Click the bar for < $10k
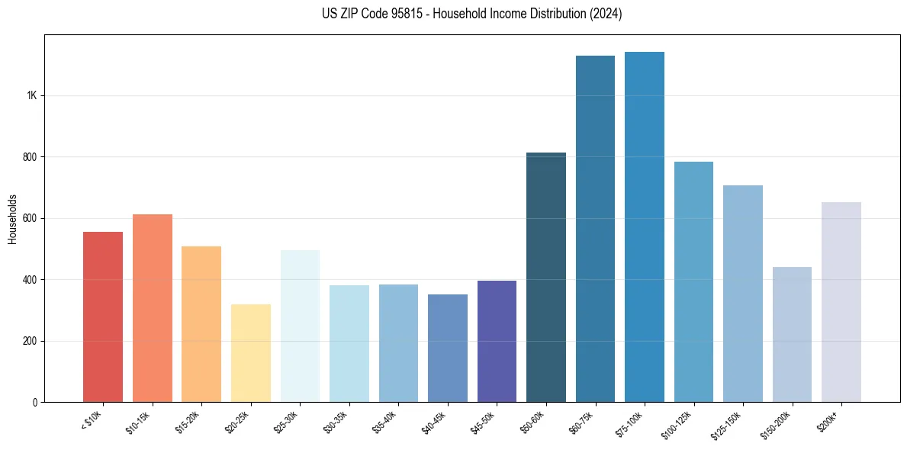[102, 317]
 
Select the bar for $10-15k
[152, 308]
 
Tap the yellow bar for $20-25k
[250, 352]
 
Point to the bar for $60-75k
[595, 229]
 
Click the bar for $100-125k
[693, 281]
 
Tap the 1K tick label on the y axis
[32, 96]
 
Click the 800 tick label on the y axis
[30, 157]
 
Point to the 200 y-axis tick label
[30, 341]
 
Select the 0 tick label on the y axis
[35, 402]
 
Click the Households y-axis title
[13, 219]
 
